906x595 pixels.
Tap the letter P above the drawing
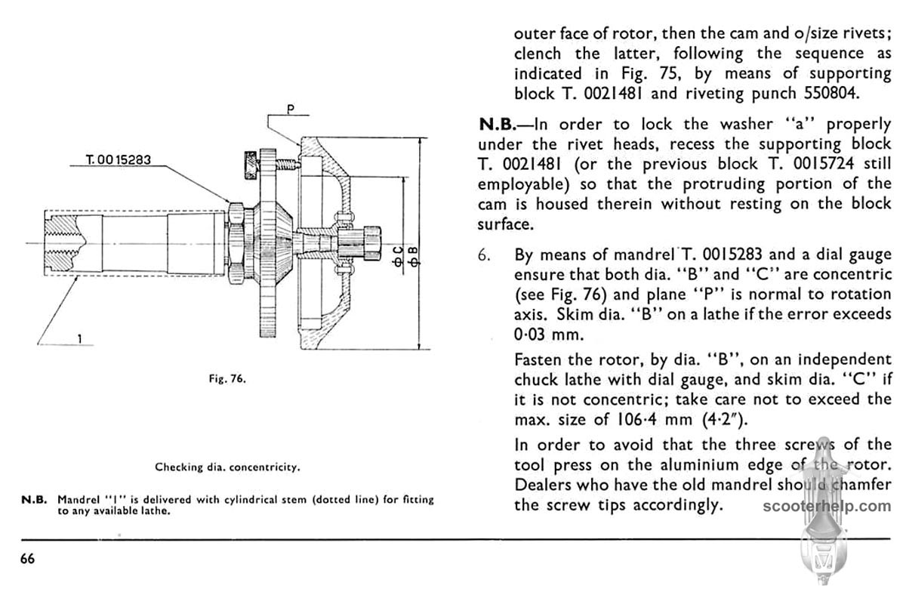(289, 108)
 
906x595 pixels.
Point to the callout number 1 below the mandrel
(79, 339)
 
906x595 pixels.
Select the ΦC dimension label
(398, 256)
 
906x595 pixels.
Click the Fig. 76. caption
(227, 379)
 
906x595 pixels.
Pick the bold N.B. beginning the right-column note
(501, 124)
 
